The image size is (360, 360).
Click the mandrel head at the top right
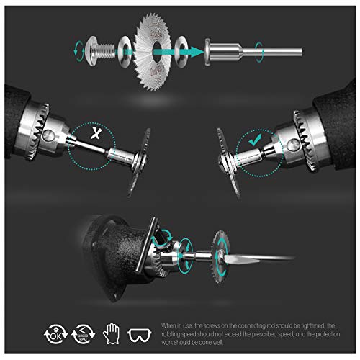[213, 51]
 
